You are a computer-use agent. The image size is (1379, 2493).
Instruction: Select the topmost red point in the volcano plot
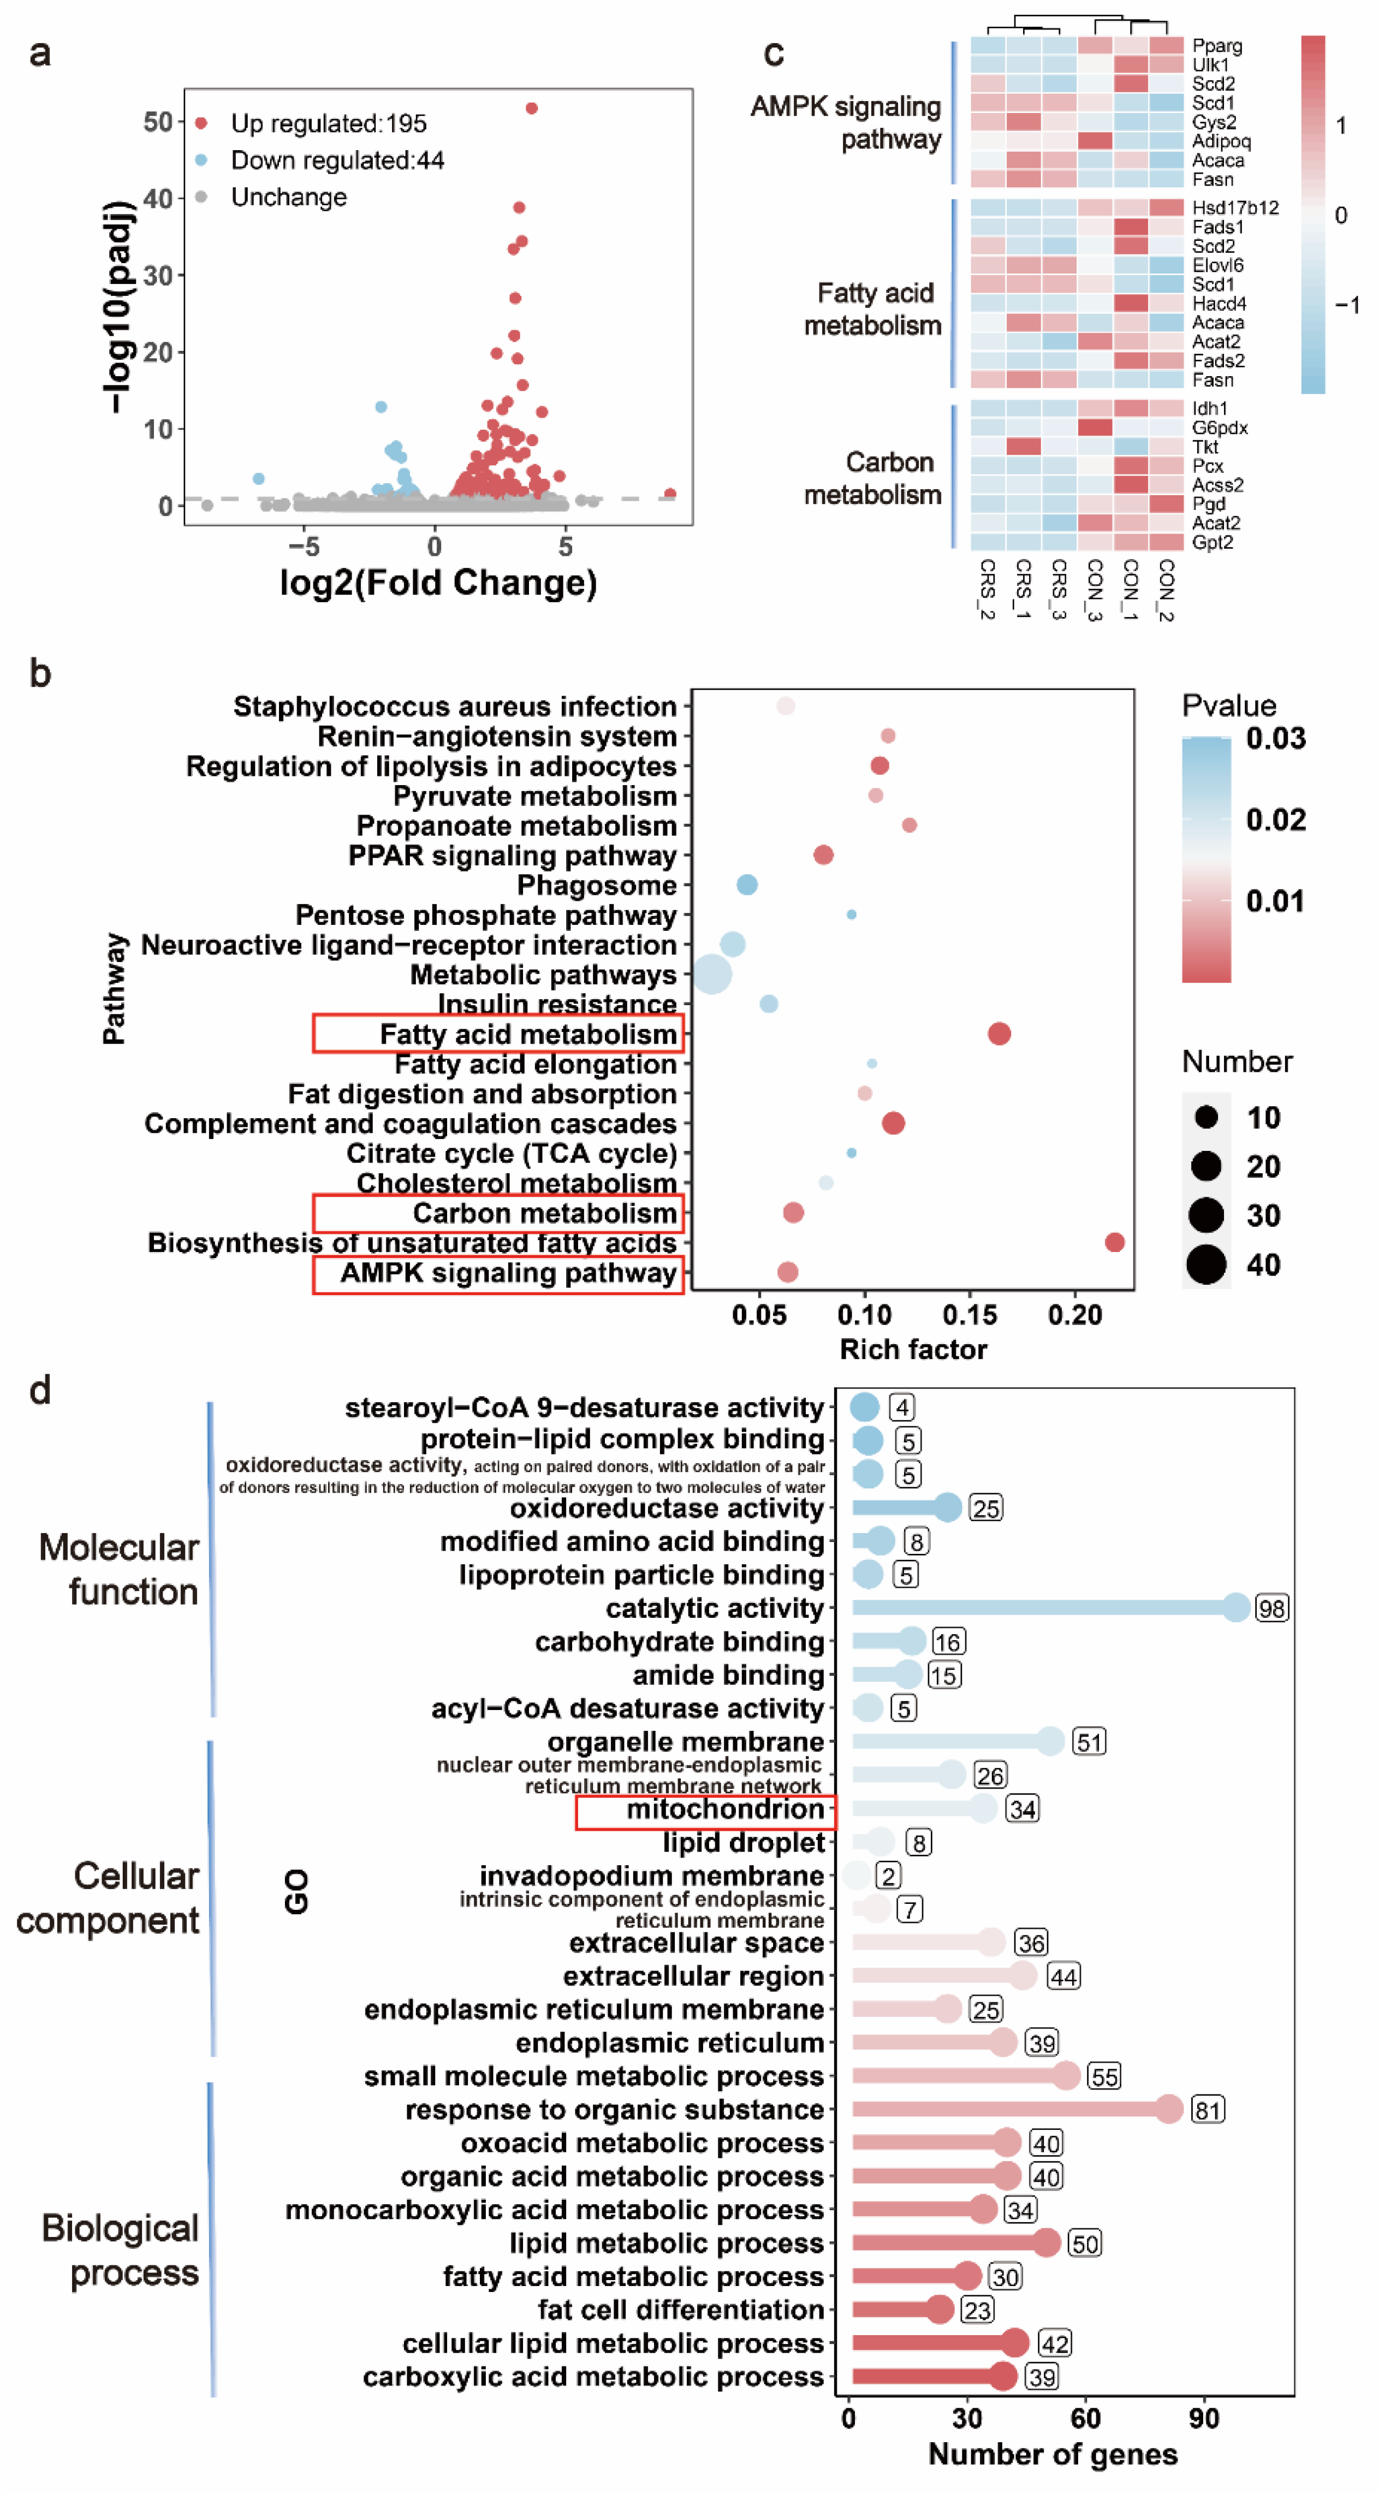tap(531, 109)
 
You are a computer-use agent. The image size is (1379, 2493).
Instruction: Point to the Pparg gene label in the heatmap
tap(1216, 45)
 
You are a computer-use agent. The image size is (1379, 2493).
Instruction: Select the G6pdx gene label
tap(1220, 427)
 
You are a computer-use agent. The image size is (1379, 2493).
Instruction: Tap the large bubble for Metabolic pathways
tap(712, 974)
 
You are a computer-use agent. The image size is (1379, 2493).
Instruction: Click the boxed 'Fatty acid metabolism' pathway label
tap(527, 1034)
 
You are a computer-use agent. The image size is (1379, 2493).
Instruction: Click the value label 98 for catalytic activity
tap(1271, 1608)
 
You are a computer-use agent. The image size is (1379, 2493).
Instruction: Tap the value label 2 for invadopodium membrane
tap(888, 1875)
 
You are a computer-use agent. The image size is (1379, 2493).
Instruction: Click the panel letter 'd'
tap(40, 1391)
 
